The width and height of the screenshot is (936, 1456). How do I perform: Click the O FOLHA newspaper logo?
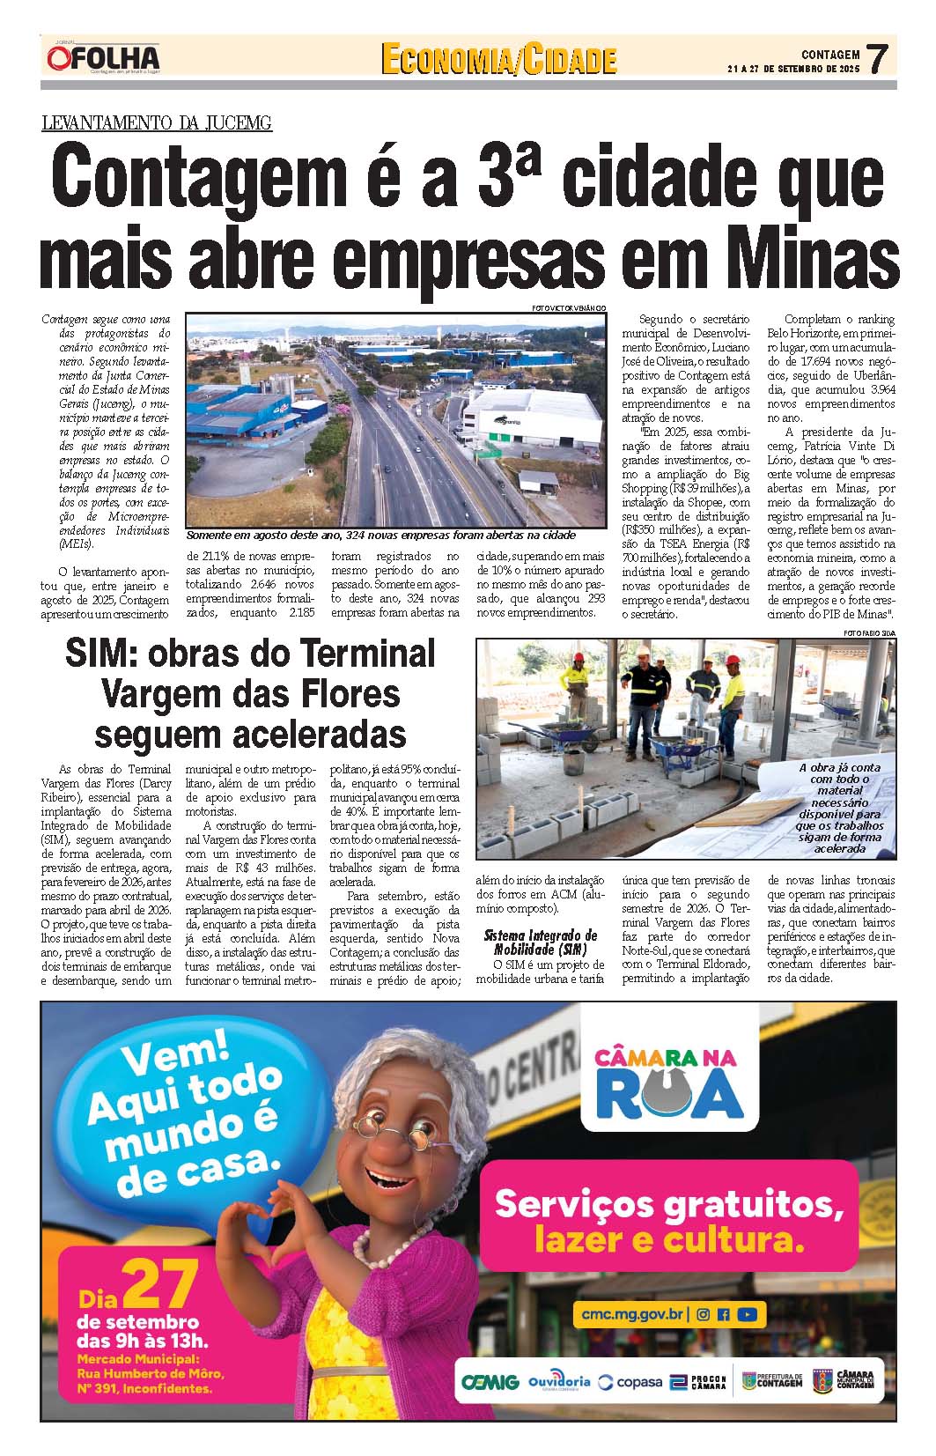[x=102, y=58]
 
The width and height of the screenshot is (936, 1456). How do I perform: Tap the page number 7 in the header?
[x=876, y=60]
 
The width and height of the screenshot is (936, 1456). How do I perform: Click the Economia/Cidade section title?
[x=498, y=60]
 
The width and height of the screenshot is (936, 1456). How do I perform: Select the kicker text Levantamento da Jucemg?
[x=157, y=122]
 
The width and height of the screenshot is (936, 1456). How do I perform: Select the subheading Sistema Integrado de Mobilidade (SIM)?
[x=540, y=942]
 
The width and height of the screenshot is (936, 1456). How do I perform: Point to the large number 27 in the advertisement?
[x=160, y=1286]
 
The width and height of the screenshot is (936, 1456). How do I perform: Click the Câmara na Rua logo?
[x=668, y=1081]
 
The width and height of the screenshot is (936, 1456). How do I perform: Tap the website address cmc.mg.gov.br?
[x=632, y=1313]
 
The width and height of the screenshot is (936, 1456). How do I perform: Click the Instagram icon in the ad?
[x=703, y=1314]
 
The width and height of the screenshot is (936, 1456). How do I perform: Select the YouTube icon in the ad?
[x=747, y=1314]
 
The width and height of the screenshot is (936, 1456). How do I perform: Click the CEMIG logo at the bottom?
[x=490, y=1382]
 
